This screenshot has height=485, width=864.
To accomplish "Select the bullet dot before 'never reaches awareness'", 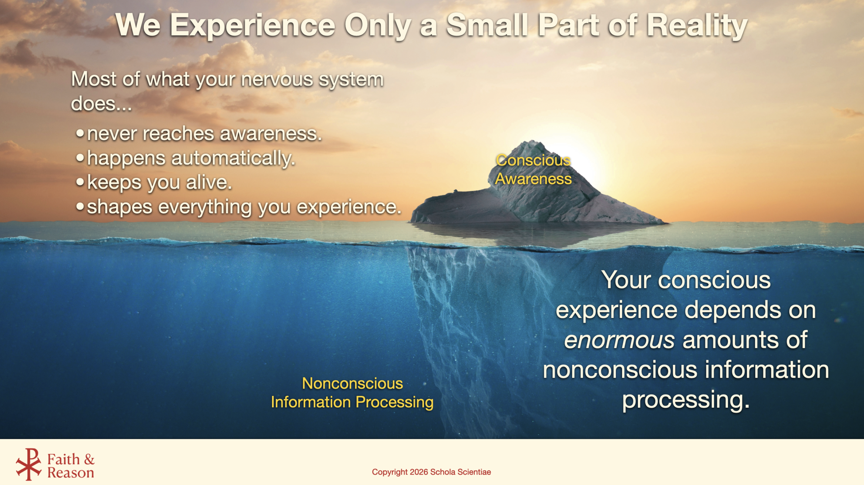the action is pos(80,133).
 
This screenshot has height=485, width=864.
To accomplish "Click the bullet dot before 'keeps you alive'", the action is pos(80,182).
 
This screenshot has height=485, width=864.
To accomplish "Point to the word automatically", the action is pos(233,158).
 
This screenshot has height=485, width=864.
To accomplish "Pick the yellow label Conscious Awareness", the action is pos(533,169).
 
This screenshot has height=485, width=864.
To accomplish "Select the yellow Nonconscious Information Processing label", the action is pos(352,393).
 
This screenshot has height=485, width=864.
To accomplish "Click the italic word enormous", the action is pos(619,340).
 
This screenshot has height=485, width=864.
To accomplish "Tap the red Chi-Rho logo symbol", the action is pos(29,464).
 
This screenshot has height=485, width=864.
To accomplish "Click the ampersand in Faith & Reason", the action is pos(89,459).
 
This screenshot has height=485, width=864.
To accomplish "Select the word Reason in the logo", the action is pos(71,473).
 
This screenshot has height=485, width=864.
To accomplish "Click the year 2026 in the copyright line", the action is pos(419,472).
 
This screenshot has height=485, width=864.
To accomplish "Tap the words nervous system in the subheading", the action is pos(312,80).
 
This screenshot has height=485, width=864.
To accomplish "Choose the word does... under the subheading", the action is pos(101,103).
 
